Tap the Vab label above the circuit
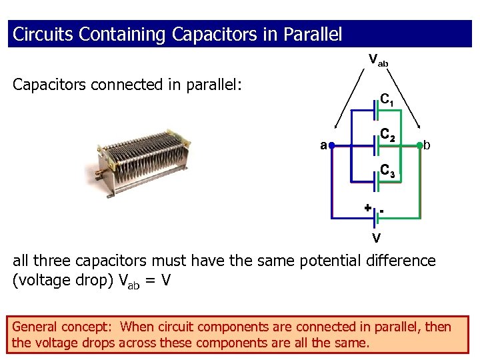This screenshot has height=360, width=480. tap(378, 60)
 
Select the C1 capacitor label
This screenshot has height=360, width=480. tap(387, 100)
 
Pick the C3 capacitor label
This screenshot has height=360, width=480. tap(388, 171)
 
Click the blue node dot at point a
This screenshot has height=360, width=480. tap(331, 145)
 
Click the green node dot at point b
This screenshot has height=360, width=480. tap(419, 145)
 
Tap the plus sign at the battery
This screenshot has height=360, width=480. tap(367, 207)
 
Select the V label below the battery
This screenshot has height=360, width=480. tap(377, 238)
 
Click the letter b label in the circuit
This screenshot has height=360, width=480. tap(427, 145)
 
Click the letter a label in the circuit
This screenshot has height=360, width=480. tap(323, 145)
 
